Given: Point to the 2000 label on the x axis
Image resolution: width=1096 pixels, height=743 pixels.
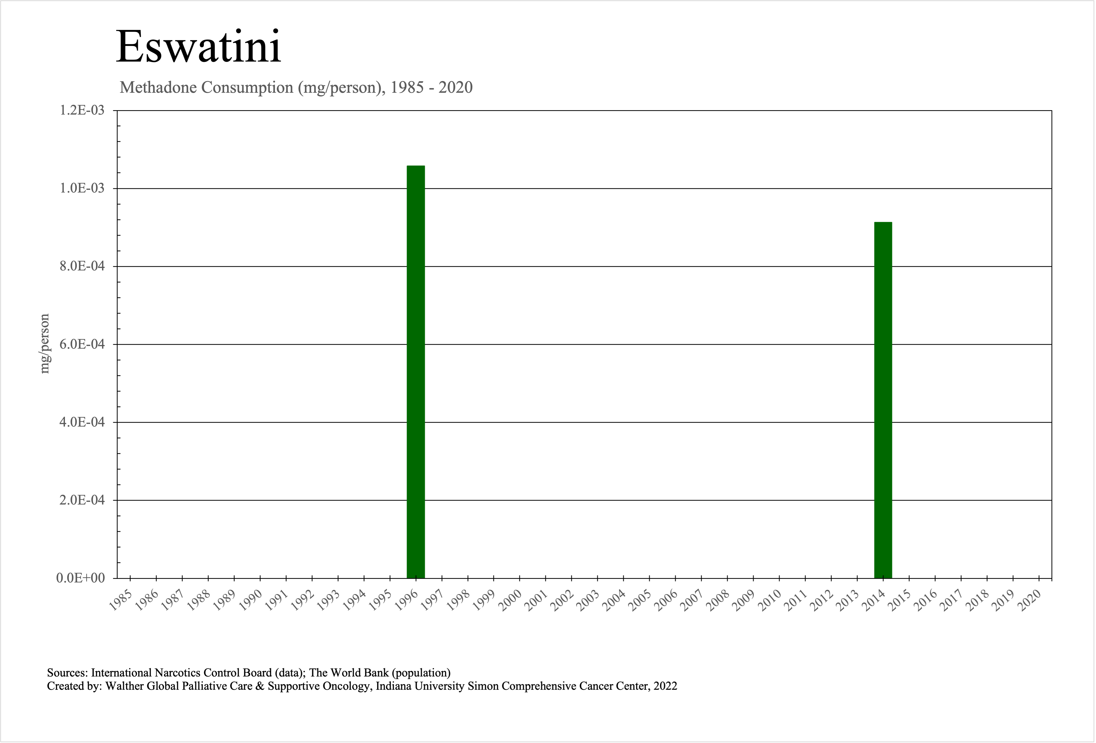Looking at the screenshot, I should pos(510,600).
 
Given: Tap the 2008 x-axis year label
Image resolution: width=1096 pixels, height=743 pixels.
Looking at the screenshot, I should pos(718,600).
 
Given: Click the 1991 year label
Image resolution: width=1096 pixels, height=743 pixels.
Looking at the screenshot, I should pos(276,600).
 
